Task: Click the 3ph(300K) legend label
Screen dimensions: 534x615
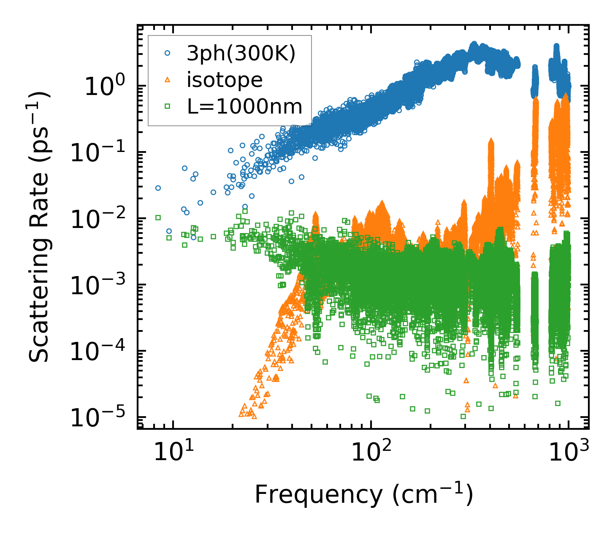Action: click(x=241, y=54)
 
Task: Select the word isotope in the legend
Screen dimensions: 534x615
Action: click(x=225, y=80)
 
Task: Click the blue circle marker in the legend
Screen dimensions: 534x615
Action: click(x=167, y=54)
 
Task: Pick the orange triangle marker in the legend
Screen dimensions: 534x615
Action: click(x=167, y=80)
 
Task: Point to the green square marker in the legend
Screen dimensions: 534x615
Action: click(x=167, y=106)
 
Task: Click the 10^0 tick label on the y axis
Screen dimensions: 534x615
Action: click(x=104, y=87)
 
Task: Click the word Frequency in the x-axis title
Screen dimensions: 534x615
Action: click(x=318, y=495)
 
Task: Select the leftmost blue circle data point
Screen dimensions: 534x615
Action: click(x=158, y=188)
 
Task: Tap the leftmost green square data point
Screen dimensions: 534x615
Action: click(x=158, y=217)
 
